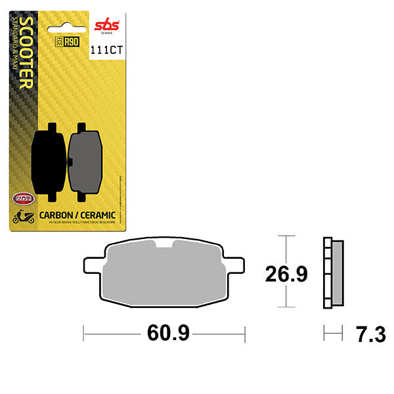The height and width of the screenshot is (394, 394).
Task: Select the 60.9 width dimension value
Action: pos(168,334)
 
